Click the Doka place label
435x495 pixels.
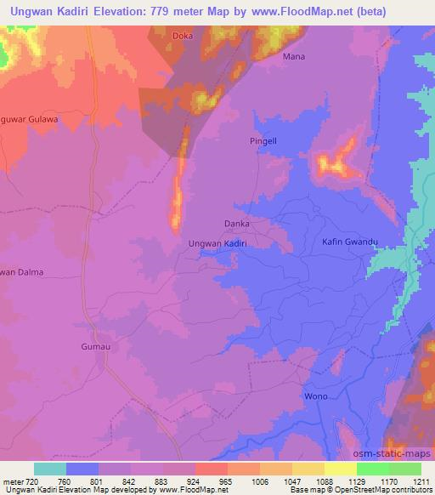182,37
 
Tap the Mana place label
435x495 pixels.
293,57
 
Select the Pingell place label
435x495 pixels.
263,140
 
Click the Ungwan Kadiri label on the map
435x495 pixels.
217,243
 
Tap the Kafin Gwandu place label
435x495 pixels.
349,243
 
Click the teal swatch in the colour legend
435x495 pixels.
50,469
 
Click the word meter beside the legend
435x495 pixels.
14,481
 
